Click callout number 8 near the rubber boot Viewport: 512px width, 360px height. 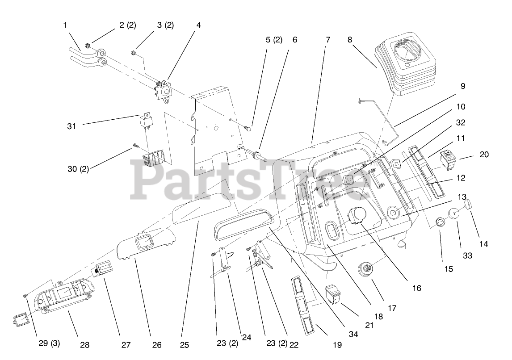click(350, 39)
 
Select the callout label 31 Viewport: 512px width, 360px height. click(71, 126)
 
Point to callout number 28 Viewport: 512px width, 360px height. click(84, 344)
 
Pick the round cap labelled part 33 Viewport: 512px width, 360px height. click(454, 213)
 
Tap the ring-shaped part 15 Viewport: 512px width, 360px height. click(441, 222)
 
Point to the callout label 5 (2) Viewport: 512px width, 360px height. click(274, 39)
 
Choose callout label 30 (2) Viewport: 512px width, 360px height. click(78, 169)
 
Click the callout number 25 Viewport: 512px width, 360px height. click(184, 344)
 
